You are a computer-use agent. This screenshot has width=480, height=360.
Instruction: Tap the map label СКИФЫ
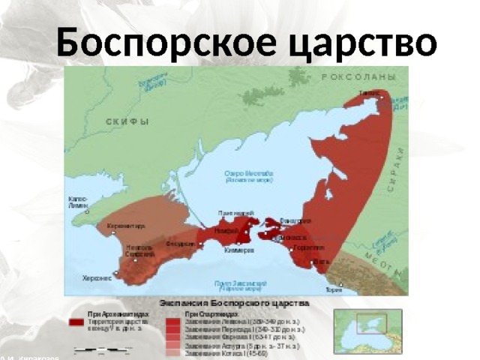point(127,122)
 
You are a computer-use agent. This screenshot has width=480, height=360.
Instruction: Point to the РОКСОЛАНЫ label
point(358,77)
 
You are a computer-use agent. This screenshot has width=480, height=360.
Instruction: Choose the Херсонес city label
point(97,277)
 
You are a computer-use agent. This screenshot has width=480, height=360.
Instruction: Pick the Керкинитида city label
point(126,225)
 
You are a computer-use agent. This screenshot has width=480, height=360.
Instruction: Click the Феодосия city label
point(181,244)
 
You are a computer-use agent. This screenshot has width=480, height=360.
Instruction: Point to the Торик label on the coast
point(334,290)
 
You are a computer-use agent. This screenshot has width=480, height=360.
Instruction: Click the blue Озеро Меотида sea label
point(248,177)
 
